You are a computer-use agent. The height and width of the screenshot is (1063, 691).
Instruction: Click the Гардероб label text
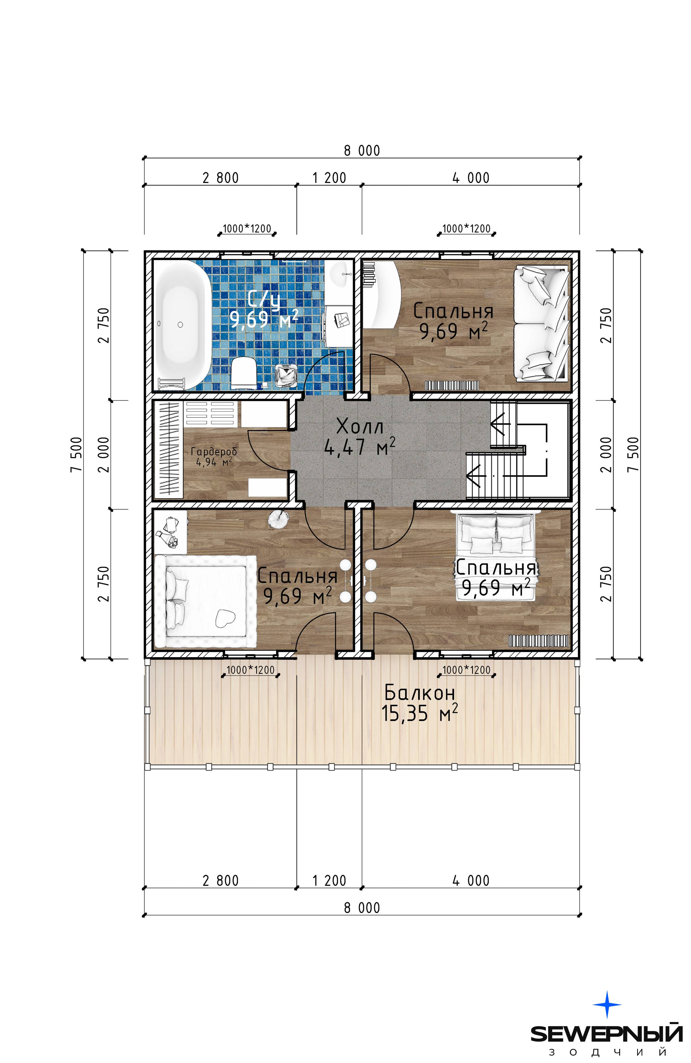tap(213, 451)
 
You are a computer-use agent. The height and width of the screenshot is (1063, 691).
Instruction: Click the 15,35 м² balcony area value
tap(420, 713)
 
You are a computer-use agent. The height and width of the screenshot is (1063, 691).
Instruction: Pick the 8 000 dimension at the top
tap(362, 150)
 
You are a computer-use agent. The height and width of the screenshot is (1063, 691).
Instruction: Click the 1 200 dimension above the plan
tap(329, 178)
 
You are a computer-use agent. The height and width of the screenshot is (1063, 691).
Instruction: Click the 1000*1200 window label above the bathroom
tap(247, 228)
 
